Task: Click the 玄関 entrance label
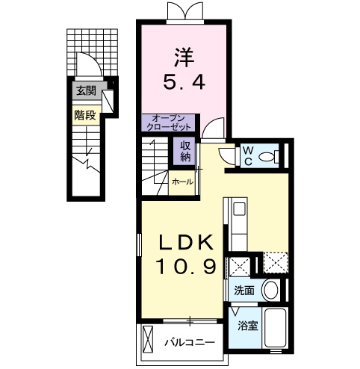click(x=86, y=91)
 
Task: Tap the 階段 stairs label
click(x=85, y=115)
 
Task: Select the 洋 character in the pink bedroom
click(x=184, y=58)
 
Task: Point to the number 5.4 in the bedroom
click(x=184, y=82)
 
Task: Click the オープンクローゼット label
click(x=169, y=123)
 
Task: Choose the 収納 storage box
click(x=185, y=151)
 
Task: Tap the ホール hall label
click(x=182, y=182)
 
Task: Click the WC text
click(x=248, y=156)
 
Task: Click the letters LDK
click(x=187, y=243)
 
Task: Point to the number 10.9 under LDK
click(x=186, y=267)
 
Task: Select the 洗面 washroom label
click(x=244, y=291)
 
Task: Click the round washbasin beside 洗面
click(x=271, y=291)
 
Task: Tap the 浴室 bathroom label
click(x=248, y=325)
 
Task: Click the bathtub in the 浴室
click(x=275, y=328)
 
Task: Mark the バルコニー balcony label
click(x=190, y=343)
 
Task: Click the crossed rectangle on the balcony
click(x=147, y=339)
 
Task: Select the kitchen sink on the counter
click(x=240, y=209)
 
